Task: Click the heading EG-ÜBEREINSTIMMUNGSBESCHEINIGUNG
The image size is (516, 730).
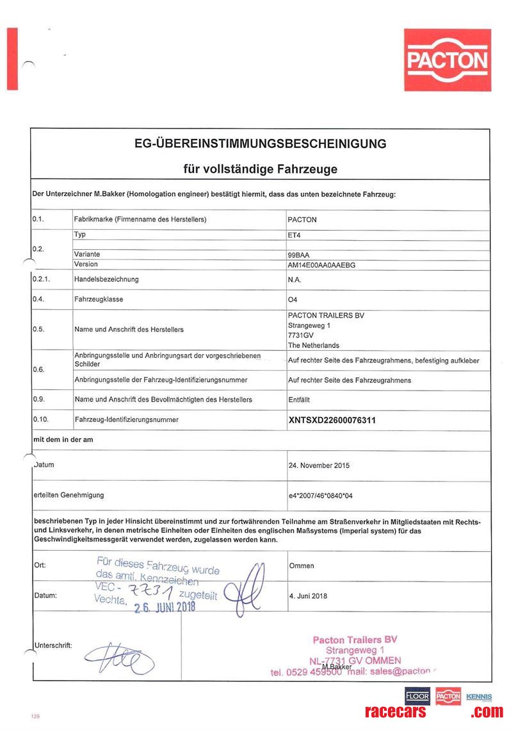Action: [260, 143]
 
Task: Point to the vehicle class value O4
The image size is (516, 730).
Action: [293, 299]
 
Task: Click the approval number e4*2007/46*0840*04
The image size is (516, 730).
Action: [330, 495]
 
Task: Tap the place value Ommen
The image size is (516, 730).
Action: [302, 566]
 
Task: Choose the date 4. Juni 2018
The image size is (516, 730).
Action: [308, 596]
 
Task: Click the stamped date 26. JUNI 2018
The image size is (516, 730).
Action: [165, 605]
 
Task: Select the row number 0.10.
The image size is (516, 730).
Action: [41, 419]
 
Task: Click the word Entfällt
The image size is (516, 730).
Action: [300, 399]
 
